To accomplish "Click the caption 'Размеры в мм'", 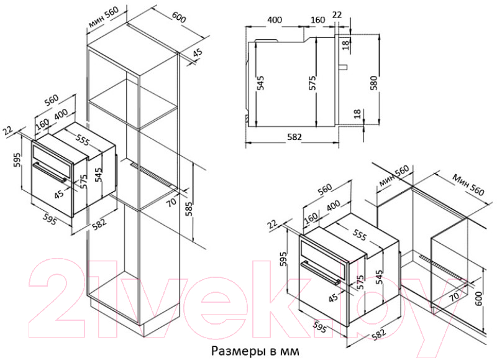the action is (255, 351).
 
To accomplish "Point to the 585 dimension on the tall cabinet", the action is (189, 208).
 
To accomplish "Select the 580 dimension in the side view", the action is (374, 83).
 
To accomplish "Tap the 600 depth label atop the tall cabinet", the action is (179, 17).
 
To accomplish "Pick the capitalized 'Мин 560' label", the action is (468, 185).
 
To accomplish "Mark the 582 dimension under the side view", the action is (294, 137).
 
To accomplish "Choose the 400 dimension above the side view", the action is (275, 20).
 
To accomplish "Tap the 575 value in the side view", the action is (312, 83).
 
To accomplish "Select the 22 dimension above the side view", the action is (337, 14).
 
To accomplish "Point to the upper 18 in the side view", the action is (345, 44).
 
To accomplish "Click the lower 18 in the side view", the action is (357, 114).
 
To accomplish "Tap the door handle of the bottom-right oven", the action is (320, 272).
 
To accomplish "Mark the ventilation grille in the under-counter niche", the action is (443, 267).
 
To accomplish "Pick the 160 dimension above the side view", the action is (317, 20).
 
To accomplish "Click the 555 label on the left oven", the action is (83, 139).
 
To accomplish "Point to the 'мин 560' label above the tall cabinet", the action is (104, 18).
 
